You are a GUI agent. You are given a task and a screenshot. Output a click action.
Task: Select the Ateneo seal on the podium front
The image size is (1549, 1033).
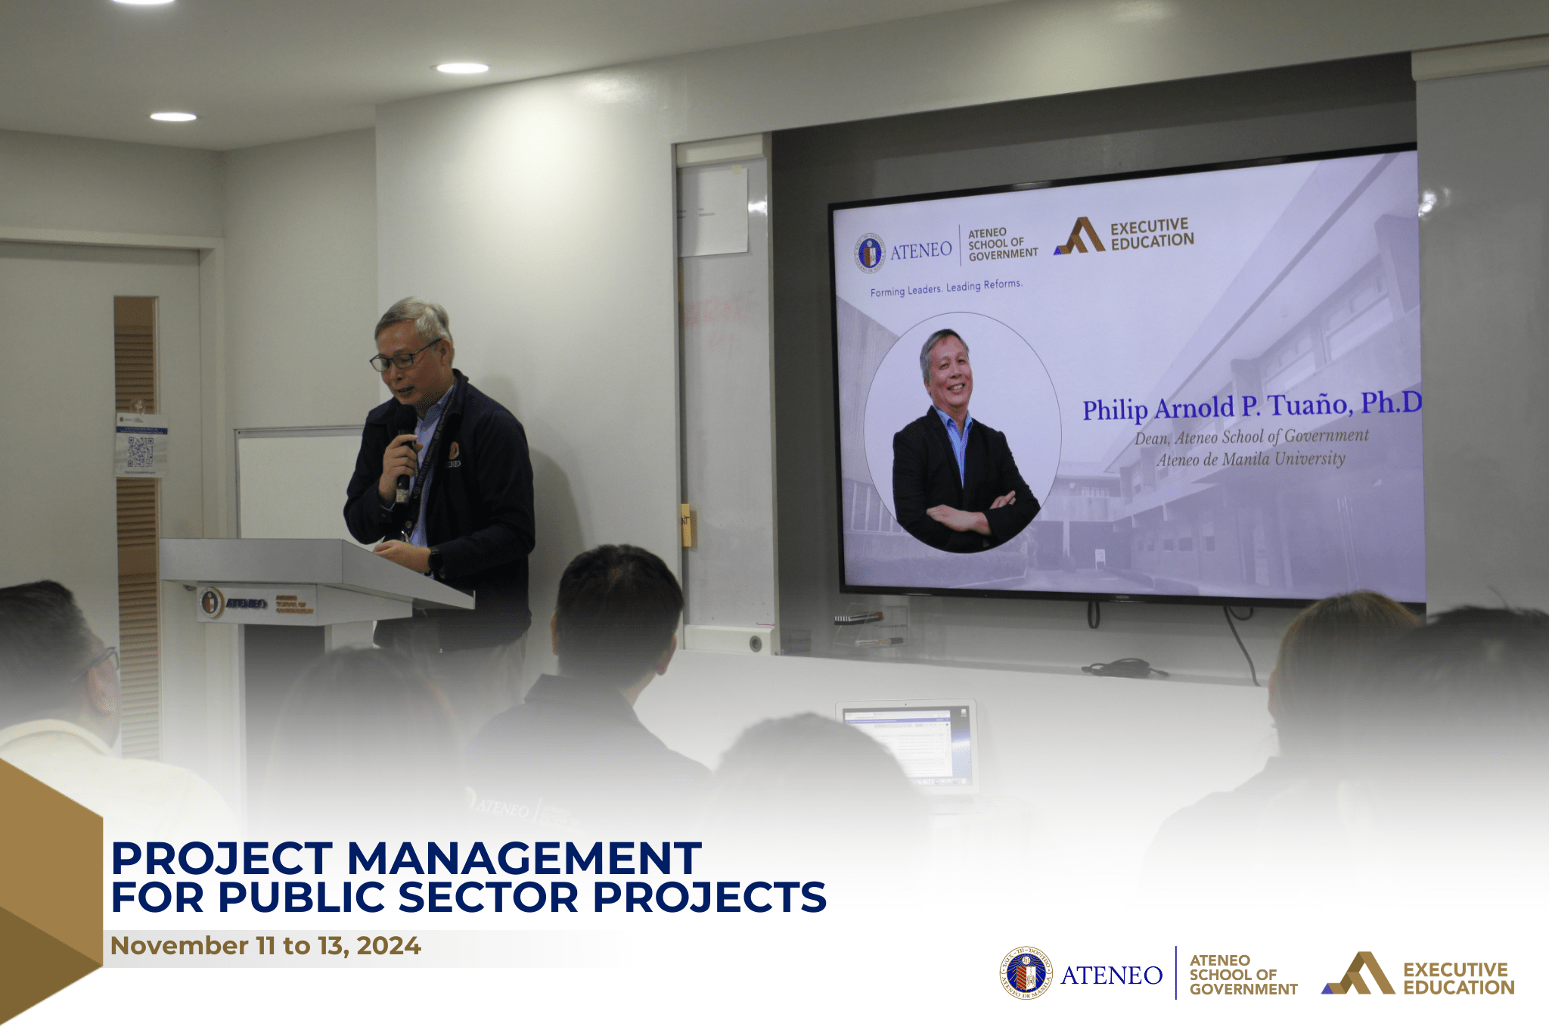coord(211,602)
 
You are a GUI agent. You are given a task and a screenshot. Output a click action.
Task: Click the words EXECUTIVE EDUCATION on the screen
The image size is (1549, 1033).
coord(1151,234)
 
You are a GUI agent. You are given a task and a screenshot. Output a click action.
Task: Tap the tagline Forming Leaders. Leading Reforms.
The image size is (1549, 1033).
coord(945,288)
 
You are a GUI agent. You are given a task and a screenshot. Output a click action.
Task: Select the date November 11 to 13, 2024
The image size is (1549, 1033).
coord(265,945)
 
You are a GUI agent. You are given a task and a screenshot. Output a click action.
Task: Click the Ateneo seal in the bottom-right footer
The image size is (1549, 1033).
coord(1026,973)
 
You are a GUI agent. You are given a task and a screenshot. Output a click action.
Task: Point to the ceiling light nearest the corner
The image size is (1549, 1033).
coord(173,117)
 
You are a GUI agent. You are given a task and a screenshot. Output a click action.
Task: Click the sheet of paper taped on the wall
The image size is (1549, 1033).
coord(712,212)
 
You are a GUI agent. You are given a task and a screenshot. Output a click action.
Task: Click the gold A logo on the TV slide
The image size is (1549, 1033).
coord(1081,235)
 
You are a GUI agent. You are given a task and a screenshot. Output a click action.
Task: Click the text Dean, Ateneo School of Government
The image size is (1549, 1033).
coord(1251,437)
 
